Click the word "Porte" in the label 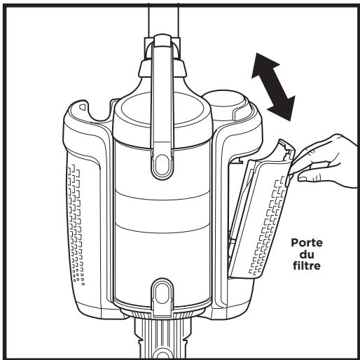click(x=307, y=243)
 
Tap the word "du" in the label click(x=307, y=254)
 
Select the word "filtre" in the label click(x=307, y=265)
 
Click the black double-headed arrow click(x=273, y=87)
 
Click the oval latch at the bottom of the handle click(x=162, y=165)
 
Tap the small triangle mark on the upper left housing click(x=83, y=107)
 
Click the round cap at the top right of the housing click(x=226, y=104)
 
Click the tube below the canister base click(x=162, y=336)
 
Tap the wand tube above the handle click(x=163, y=20)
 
